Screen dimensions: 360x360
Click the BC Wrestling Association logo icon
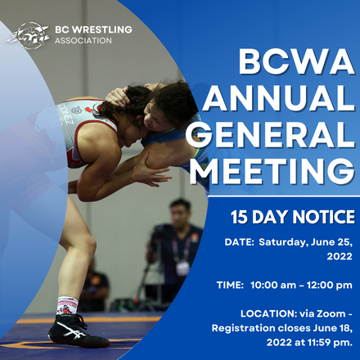(x=28, y=34)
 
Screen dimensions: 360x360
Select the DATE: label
(x=241, y=242)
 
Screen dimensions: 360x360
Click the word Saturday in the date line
(x=289, y=242)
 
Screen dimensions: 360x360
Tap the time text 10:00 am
(x=277, y=285)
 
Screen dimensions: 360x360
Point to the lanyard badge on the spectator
(x=183, y=266)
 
